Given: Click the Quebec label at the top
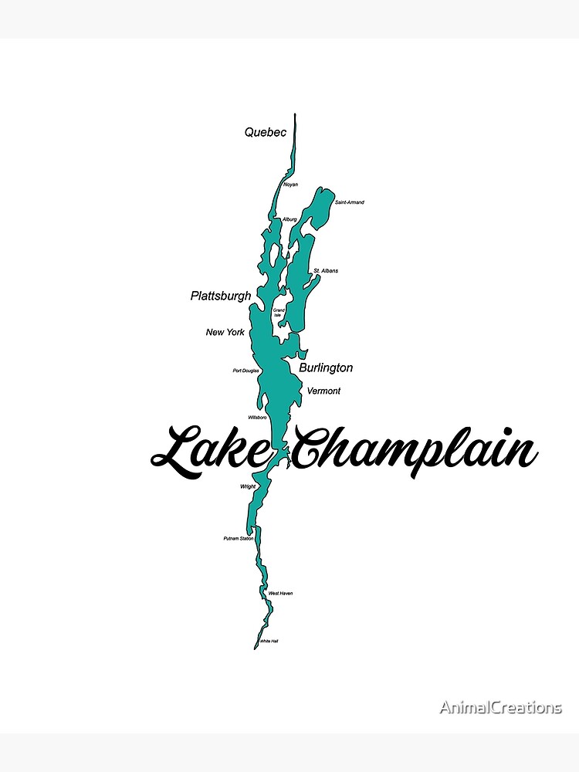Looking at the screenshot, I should (266, 132).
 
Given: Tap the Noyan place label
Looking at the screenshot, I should (290, 185).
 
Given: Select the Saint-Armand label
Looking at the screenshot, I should (349, 202).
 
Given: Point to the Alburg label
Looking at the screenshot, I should (289, 219).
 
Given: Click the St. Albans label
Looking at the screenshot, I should (326, 271).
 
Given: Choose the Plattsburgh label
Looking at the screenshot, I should (221, 296).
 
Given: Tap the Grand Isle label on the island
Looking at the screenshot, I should (279, 313).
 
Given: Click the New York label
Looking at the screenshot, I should (225, 332).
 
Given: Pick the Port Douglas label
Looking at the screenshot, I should (246, 371).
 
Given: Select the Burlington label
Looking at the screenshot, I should (326, 368).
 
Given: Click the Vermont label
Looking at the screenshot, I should (323, 391).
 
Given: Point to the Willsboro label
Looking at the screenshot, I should (257, 417).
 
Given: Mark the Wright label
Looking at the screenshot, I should (247, 486).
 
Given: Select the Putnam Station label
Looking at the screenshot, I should (239, 538).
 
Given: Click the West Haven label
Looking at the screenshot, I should (280, 593).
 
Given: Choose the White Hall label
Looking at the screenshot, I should (269, 642).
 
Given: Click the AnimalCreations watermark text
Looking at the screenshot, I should (501, 707).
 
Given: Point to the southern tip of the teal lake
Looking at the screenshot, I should (256, 648).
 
